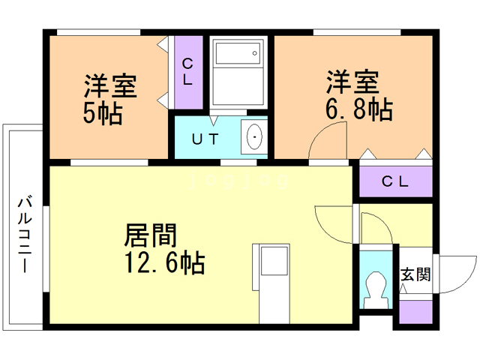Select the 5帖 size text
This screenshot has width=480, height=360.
[x=103, y=113]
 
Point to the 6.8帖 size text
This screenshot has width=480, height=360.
[x=358, y=109]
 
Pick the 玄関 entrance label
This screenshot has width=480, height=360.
[x=415, y=274]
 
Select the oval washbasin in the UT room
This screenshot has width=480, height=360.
[x=255, y=137]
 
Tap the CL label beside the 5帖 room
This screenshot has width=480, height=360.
[x=187, y=72]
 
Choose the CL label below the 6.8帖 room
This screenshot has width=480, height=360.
[x=394, y=181]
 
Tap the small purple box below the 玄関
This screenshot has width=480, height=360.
[x=415, y=310]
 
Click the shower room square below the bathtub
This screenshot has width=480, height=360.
[x=237, y=89]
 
